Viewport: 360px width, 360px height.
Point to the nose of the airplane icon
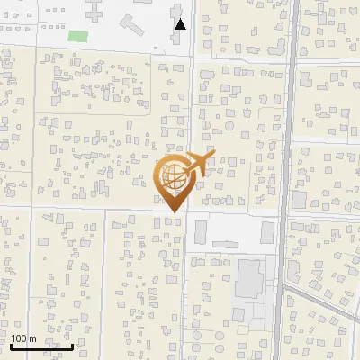[x=214, y=155]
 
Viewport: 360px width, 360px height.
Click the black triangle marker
[x=181, y=25]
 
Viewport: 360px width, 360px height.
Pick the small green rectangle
[x=79, y=37]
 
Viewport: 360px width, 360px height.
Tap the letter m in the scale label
[x=32, y=338]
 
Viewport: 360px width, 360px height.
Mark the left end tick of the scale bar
[x=11, y=345]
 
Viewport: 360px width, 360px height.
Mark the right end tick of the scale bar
[x=72, y=345]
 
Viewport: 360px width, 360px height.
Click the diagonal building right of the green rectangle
[x=130, y=22]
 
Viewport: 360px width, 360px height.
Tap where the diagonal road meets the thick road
[x=284, y=286]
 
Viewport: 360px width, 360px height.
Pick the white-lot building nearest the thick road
[x=267, y=233]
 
